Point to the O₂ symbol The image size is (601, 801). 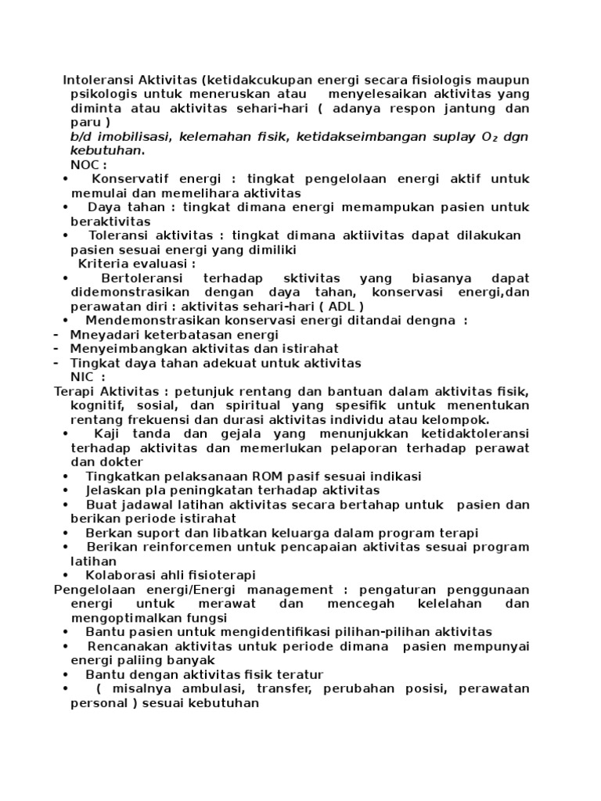pos(491,137)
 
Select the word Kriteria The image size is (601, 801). pos(106,264)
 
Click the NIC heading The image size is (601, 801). pos(83,377)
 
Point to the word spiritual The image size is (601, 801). pos(273,406)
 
